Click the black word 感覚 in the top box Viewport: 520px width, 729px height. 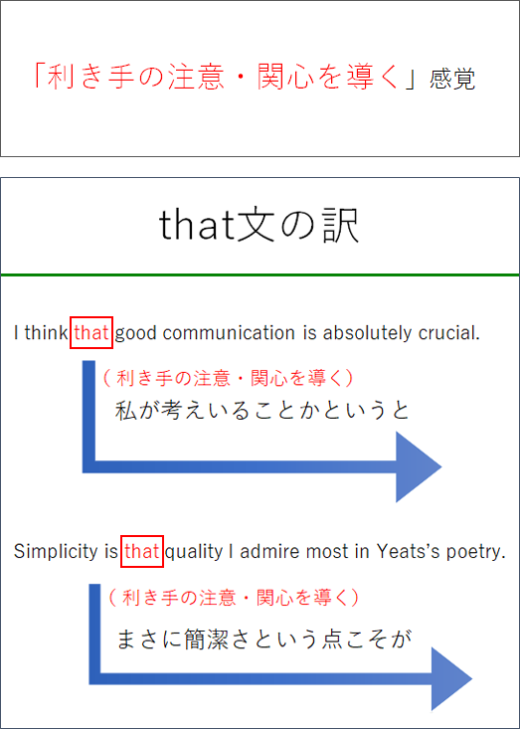(x=452, y=79)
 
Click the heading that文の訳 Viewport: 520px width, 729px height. (x=259, y=227)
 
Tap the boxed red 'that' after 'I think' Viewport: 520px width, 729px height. (x=91, y=333)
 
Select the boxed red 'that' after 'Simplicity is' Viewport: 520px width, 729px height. (x=142, y=551)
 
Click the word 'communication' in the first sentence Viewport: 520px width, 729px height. (x=229, y=333)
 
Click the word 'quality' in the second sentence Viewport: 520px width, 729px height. (x=194, y=552)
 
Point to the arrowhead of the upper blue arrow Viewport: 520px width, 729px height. (x=419, y=466)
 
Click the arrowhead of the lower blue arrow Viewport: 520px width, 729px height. (x=451, y=679)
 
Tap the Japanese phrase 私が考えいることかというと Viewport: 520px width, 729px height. (x=262, y=411)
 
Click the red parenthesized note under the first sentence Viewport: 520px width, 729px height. (x=228, y=379)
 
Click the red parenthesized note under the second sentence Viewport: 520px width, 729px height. (x=234, y=597)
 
